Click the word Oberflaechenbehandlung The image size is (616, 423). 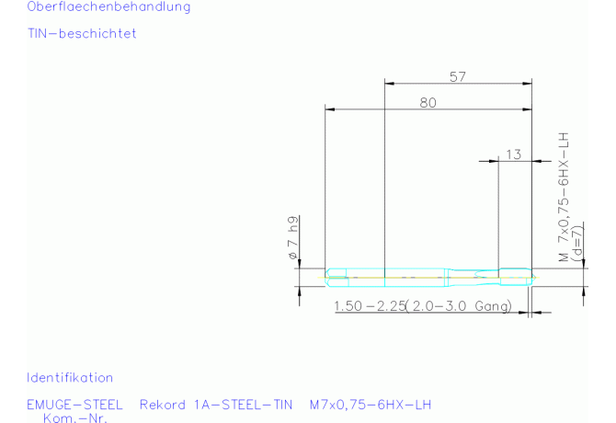(108, 6)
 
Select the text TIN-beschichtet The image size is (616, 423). (82, 33)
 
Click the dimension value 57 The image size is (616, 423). (458, 76)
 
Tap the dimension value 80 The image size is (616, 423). (428, 102)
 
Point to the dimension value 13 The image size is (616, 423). (513, 154)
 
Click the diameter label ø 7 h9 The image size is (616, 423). (293, 237)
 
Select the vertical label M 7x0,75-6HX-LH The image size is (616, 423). (564, 197)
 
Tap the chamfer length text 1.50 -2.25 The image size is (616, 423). (370, 306)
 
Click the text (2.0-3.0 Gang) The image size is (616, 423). (459, 306)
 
